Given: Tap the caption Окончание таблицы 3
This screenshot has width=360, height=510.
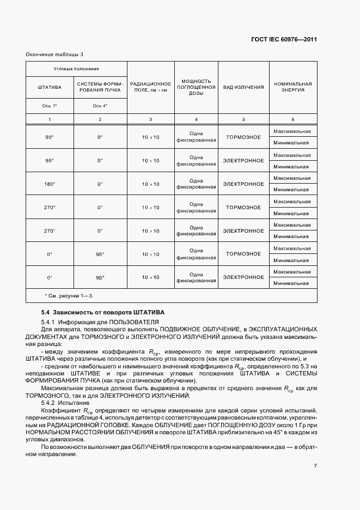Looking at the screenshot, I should tap(54, 54).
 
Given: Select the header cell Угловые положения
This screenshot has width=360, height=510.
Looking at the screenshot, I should tap(76, 69).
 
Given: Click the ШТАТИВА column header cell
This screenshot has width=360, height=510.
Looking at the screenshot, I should tap(50, 87).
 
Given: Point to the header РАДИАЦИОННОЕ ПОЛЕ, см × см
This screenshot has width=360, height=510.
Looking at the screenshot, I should tap(150, 87).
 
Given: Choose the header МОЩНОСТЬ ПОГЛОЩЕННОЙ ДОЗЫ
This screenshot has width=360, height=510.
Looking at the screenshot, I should tap(196, 87).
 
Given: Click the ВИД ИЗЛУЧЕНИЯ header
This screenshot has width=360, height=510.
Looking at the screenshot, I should tap(243, 87).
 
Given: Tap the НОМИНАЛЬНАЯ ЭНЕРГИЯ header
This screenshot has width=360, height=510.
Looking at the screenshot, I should tap(293, 87).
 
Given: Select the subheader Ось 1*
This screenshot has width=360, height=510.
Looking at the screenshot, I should tap(50, 106).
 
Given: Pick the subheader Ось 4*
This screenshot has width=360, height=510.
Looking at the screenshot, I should tap(100, 106).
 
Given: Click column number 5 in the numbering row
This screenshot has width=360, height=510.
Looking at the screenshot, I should tap(243, 119).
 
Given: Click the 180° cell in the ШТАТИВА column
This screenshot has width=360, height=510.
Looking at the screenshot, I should tap(50, 184).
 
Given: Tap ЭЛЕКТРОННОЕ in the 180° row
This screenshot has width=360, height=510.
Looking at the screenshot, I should tap(243, 184).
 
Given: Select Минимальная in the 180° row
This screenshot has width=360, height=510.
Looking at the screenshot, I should tap(291, 190).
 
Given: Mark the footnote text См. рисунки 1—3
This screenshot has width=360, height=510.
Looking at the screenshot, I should tap(69, 295).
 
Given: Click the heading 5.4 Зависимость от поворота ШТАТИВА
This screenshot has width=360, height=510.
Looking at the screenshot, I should tap(103, 312).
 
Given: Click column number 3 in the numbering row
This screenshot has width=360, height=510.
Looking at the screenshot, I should tap(150, 119).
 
